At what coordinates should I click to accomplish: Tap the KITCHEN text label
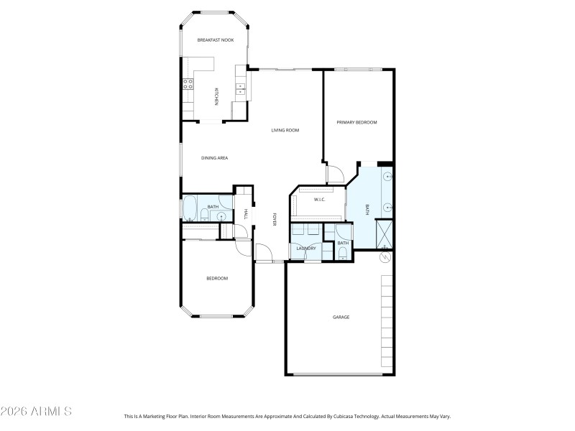pos(216,97)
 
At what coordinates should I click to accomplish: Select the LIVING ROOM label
pos(285,130)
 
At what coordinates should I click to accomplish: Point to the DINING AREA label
pos(214,157)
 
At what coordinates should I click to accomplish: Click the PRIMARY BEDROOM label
pos(357,123)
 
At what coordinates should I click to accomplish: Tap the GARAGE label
pos(341,317)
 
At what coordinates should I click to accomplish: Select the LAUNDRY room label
pos(305,249)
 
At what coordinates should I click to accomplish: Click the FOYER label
pos(275,220)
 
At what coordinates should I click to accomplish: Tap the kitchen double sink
pos(240,89)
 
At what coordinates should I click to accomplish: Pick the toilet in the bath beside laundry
pos(343,252)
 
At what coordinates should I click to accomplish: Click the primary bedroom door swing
pos(333,173)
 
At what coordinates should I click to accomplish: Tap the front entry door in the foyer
pos(263,253)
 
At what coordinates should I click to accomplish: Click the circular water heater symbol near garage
pos(385,256)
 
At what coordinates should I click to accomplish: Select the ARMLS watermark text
pos(36,412)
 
